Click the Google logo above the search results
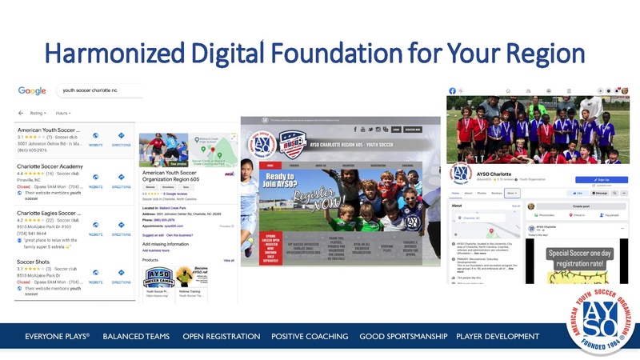pos(32,91)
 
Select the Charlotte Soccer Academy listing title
pos(50,166)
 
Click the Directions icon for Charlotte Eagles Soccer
pos(121,229)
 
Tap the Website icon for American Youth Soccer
pos(95,137)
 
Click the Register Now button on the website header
pos(413,128)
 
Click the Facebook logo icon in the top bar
pos(452,90)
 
